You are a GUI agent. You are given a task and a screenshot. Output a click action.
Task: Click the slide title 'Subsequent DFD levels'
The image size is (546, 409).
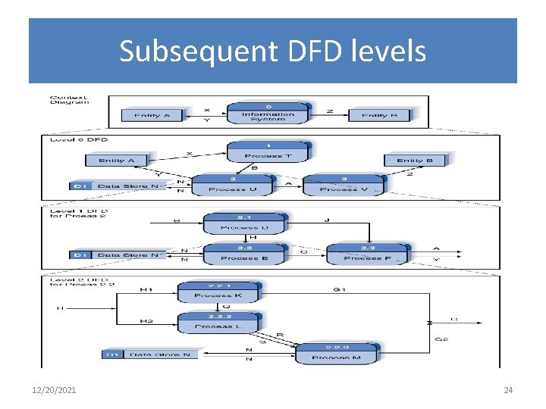pyautogui.click(x=272, y=52)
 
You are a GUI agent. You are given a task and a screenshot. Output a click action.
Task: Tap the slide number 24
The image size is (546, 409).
pyautogui.click(x=508, y=390)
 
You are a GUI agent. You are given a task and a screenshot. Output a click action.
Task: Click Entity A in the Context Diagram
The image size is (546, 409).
pyautogui.click(x=157, y=115)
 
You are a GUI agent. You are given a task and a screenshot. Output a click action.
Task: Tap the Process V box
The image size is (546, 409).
pyautogui.click(x=342, y=185)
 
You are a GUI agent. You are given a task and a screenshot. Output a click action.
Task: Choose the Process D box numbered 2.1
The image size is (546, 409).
pyautogui.click(x=243, y=223)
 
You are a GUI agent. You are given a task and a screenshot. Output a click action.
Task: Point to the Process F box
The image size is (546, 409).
pyautogui.click(x=368, y=254)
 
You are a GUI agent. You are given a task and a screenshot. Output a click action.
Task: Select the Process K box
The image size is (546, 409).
pyautogui.click(x=218, y=292)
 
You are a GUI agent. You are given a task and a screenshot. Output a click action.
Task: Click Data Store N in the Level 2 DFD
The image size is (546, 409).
pyautogui.click(x=151, y=354)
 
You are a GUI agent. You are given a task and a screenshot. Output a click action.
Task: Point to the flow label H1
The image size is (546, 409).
pyautogui.click(x=146, y=289)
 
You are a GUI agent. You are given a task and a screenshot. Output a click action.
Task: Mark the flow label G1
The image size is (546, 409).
pyautogui.click(x=339, y=289)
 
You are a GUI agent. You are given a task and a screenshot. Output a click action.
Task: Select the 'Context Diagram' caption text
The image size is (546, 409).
pyautogui.click(x=69, y=99)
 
